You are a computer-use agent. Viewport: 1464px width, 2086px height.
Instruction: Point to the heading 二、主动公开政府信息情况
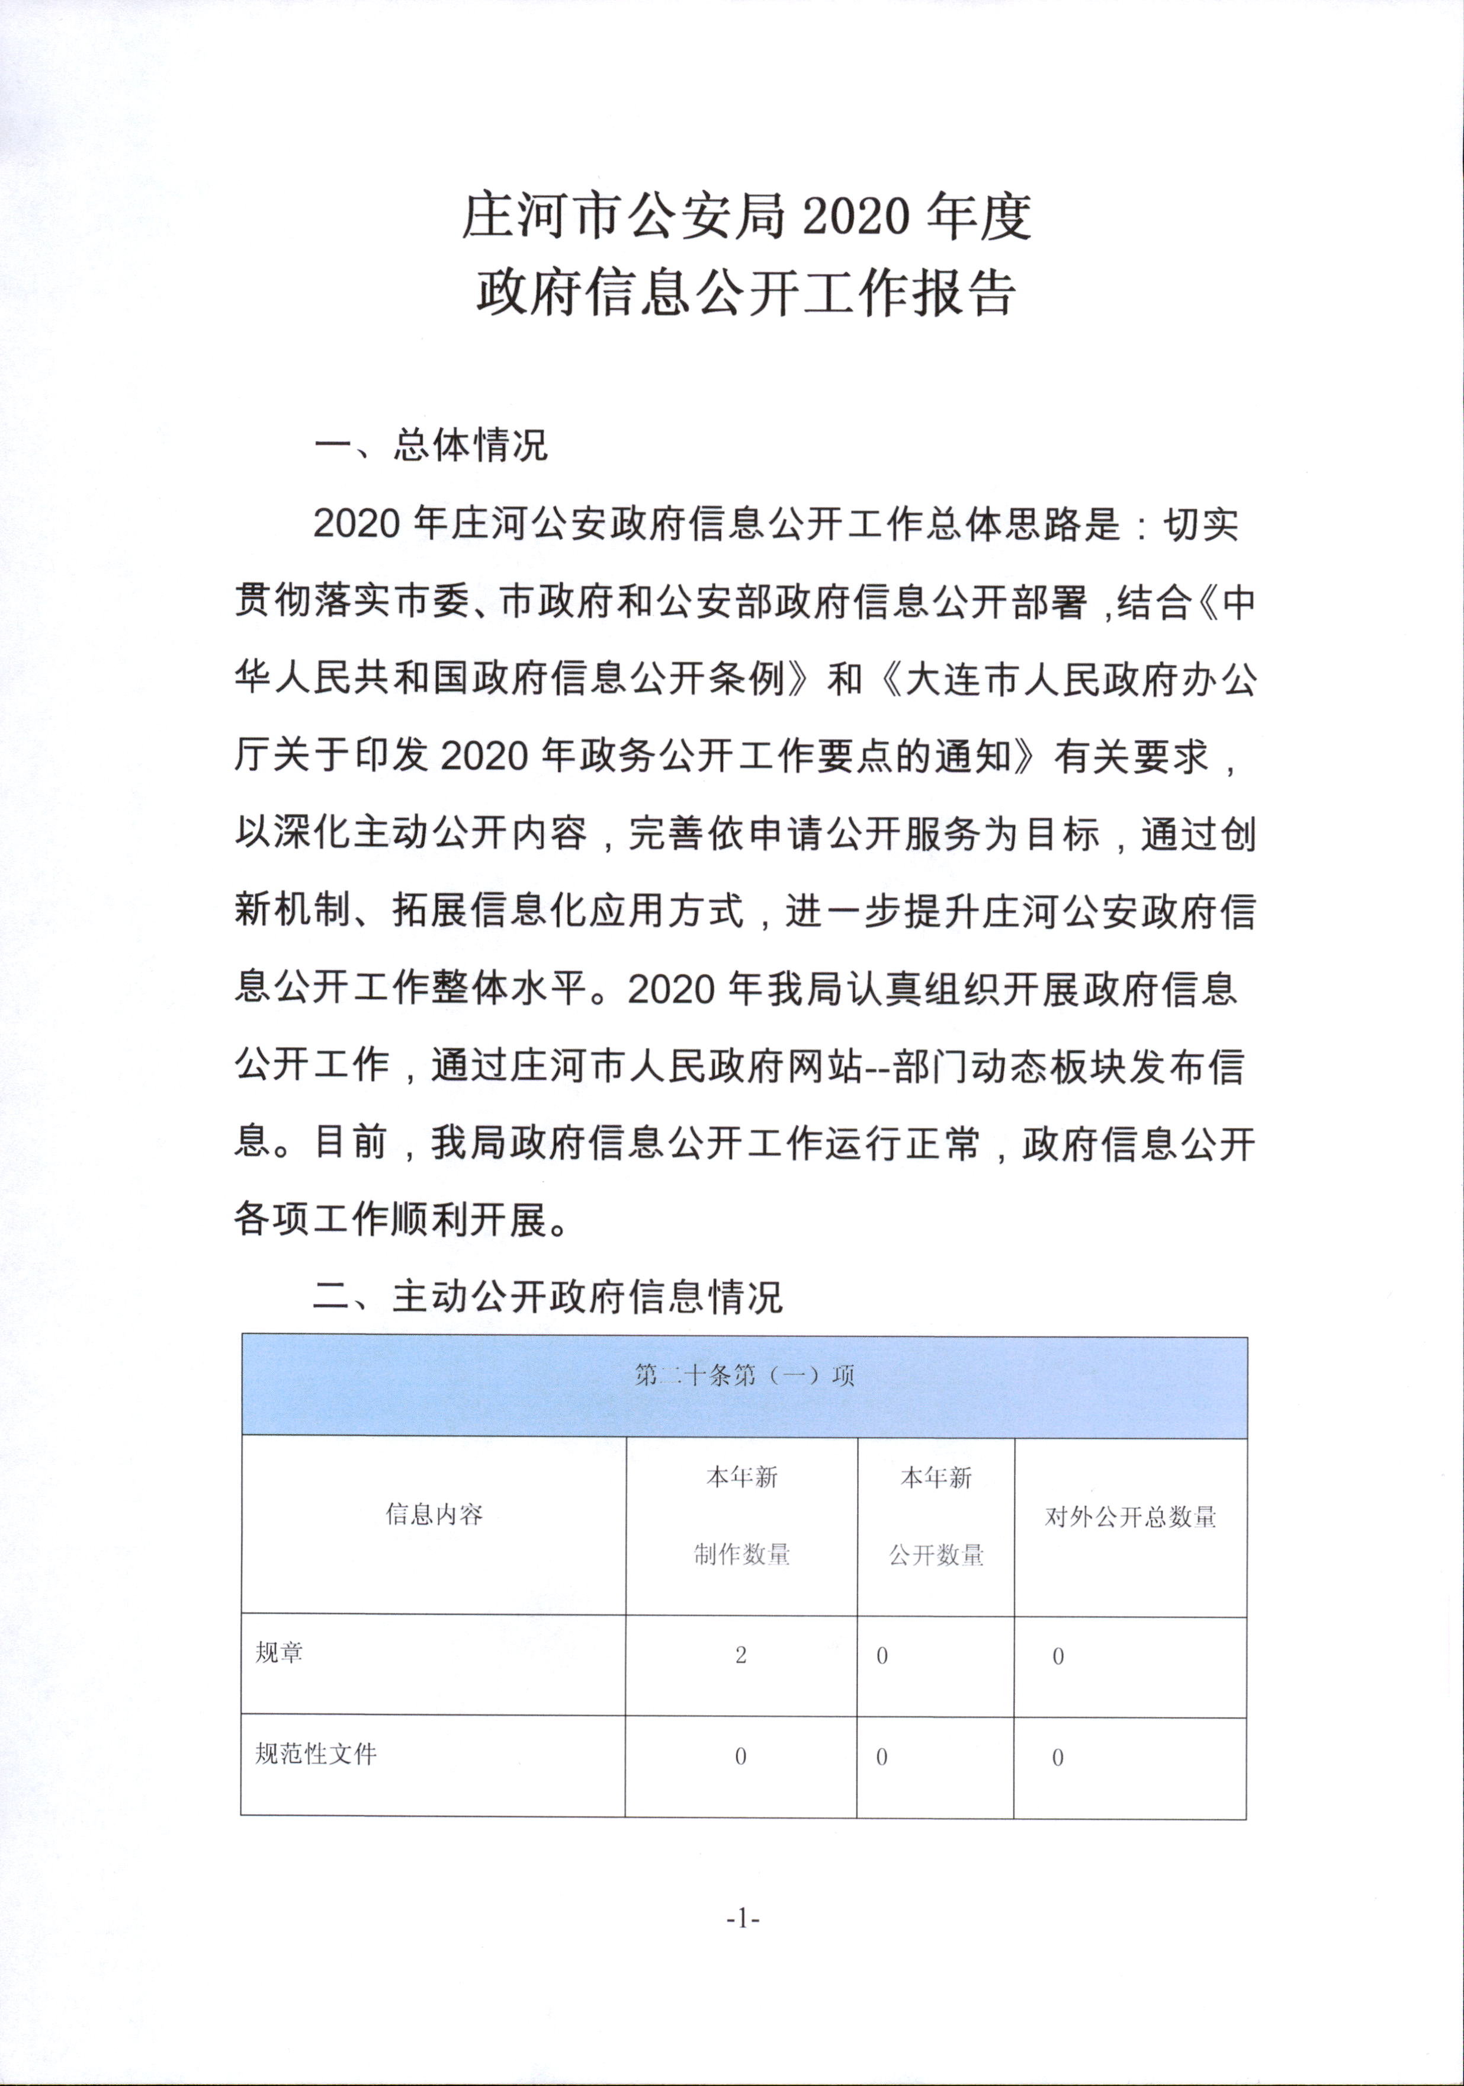point(547,1297)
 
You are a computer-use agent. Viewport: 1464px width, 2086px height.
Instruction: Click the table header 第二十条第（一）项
point(744,1375)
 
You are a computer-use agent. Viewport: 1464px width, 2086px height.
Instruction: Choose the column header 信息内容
point(434,1515)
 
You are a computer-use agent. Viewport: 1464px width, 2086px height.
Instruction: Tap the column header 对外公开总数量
point(1130,1516)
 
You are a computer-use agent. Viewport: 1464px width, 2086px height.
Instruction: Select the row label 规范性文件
point(315,1754)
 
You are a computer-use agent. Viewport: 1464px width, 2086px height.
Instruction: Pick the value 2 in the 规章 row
point(741,1655)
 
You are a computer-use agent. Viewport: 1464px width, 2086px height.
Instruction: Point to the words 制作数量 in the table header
point(742,1554)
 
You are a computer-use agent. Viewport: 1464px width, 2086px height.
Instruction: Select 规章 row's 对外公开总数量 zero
point(1058,1656)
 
